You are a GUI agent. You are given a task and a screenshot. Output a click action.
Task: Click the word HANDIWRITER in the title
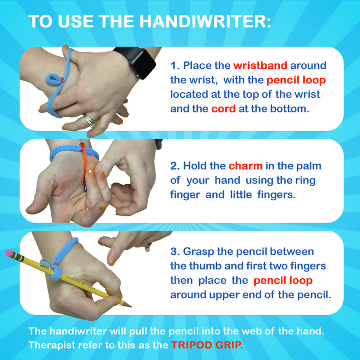tap(204, 21)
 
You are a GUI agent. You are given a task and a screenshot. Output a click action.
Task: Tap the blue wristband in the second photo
tap(63, 153)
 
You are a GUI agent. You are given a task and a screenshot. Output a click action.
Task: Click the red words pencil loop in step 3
tap(283, 281)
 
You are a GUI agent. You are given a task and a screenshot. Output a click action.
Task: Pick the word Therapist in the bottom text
tap(53, 345)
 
